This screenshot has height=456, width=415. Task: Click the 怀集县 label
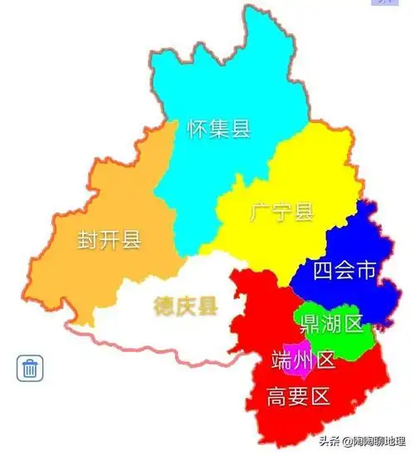pos(219,129)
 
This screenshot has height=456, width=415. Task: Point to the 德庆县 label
pos(185,306)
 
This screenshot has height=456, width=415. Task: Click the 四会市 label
pos(345,270)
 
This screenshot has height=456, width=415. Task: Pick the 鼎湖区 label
pos(332,324)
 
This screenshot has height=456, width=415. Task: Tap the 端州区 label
pos(303,360)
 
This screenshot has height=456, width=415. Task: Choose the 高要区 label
pos(299,397)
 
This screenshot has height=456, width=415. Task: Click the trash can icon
pos(30,367)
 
